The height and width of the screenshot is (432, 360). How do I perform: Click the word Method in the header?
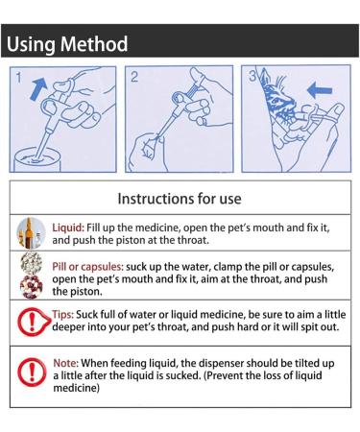coord(94,43)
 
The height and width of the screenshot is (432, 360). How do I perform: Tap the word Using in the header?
coord(31,44)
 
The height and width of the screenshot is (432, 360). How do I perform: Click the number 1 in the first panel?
coord(19,78)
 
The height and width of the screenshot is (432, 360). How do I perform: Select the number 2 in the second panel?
coord(134,77)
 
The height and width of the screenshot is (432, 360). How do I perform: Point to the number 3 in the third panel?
coord(252,76)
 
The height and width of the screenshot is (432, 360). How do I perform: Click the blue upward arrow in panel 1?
coord(37,89)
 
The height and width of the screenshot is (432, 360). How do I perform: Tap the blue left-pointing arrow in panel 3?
coord(320,89)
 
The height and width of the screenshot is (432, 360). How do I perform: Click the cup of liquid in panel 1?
coord(37,159)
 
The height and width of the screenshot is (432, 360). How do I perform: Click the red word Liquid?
coord(68,228)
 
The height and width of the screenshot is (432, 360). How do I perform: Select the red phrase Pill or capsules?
coord(87,267)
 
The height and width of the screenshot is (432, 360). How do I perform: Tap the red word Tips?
coord(62,314)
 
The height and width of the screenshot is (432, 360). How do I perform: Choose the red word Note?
coord(65,363)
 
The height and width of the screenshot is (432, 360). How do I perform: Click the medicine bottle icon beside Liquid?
coord(31,233)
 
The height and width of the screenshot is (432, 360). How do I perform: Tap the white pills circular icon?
coord(32,263)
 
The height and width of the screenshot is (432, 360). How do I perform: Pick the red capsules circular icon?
coord(31,287)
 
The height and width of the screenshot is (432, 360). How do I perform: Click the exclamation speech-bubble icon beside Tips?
coord(34,322)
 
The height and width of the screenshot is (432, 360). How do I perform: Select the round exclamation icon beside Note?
coord(32,372)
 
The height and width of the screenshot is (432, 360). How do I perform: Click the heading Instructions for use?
coord(180,199)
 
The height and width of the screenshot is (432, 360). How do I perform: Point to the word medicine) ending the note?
coord(77,388)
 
